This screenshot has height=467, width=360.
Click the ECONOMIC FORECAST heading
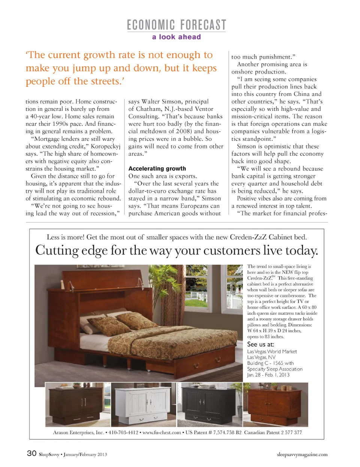176,25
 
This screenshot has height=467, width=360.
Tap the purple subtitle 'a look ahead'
176,37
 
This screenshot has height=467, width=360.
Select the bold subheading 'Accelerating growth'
157,168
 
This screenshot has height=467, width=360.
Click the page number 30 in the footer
31,453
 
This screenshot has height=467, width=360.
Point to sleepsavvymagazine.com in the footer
302,454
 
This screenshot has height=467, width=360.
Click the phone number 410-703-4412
123,432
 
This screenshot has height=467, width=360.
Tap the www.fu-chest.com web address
162,432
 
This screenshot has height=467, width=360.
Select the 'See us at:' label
260,344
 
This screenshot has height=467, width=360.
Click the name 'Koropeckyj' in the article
105,146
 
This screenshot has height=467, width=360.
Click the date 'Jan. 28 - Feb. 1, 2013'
268,375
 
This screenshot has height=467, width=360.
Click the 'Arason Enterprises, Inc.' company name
78,432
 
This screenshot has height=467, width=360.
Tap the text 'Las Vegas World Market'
272,351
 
